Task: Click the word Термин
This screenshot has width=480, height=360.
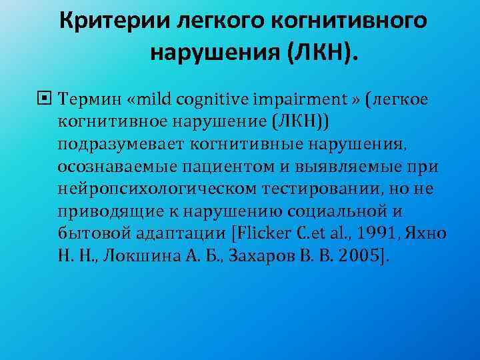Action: [85, 99]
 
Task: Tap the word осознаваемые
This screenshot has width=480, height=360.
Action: [107, 166]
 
